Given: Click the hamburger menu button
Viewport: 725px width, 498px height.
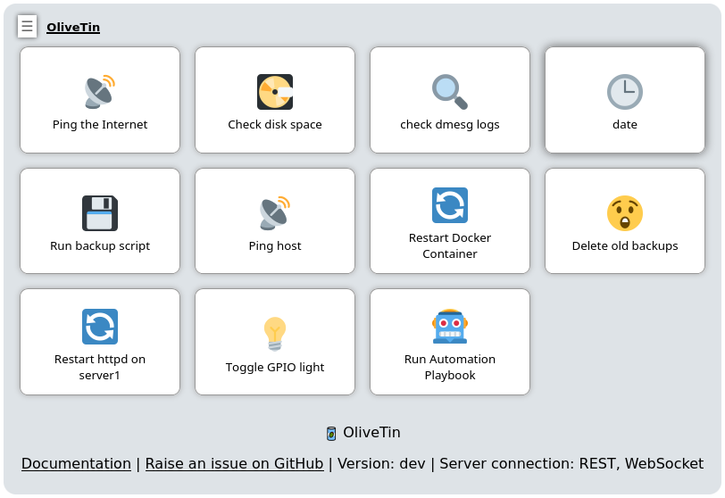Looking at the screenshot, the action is pos(28,27).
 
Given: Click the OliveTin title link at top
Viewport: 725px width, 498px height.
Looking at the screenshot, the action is pos(73,28).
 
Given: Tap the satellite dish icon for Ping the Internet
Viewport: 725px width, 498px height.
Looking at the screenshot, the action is pos(100,92).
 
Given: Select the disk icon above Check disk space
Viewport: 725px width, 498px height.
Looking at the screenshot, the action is pos(275,92).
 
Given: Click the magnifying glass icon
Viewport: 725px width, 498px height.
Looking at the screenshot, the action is pos(450,92).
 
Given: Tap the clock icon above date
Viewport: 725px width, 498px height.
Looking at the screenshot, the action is pos(625,92).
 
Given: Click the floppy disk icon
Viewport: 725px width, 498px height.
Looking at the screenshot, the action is pos(100,213).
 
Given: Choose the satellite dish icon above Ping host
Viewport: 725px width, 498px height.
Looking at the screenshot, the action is pos(275,213).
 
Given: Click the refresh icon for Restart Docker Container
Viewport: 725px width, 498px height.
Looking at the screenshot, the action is pos(450,205).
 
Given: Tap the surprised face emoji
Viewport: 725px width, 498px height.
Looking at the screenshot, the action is pos(625,213).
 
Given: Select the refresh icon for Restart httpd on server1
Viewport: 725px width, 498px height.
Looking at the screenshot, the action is pos(100,327).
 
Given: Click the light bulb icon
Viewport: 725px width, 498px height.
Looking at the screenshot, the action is pos(275,334).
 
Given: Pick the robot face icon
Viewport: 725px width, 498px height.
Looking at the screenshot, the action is pos(450,327).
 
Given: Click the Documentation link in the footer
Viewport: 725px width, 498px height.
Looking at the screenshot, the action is pos(76,463).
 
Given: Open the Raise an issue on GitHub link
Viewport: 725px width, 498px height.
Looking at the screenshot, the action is pos(235,463).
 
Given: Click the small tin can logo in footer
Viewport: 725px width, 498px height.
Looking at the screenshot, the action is pos(331,434).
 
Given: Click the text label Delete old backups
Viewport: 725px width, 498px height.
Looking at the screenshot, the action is pos(625,245).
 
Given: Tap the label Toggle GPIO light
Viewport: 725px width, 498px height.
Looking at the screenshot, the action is pos(275,368).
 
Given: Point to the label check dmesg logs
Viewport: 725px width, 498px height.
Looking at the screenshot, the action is pos(450,125).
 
